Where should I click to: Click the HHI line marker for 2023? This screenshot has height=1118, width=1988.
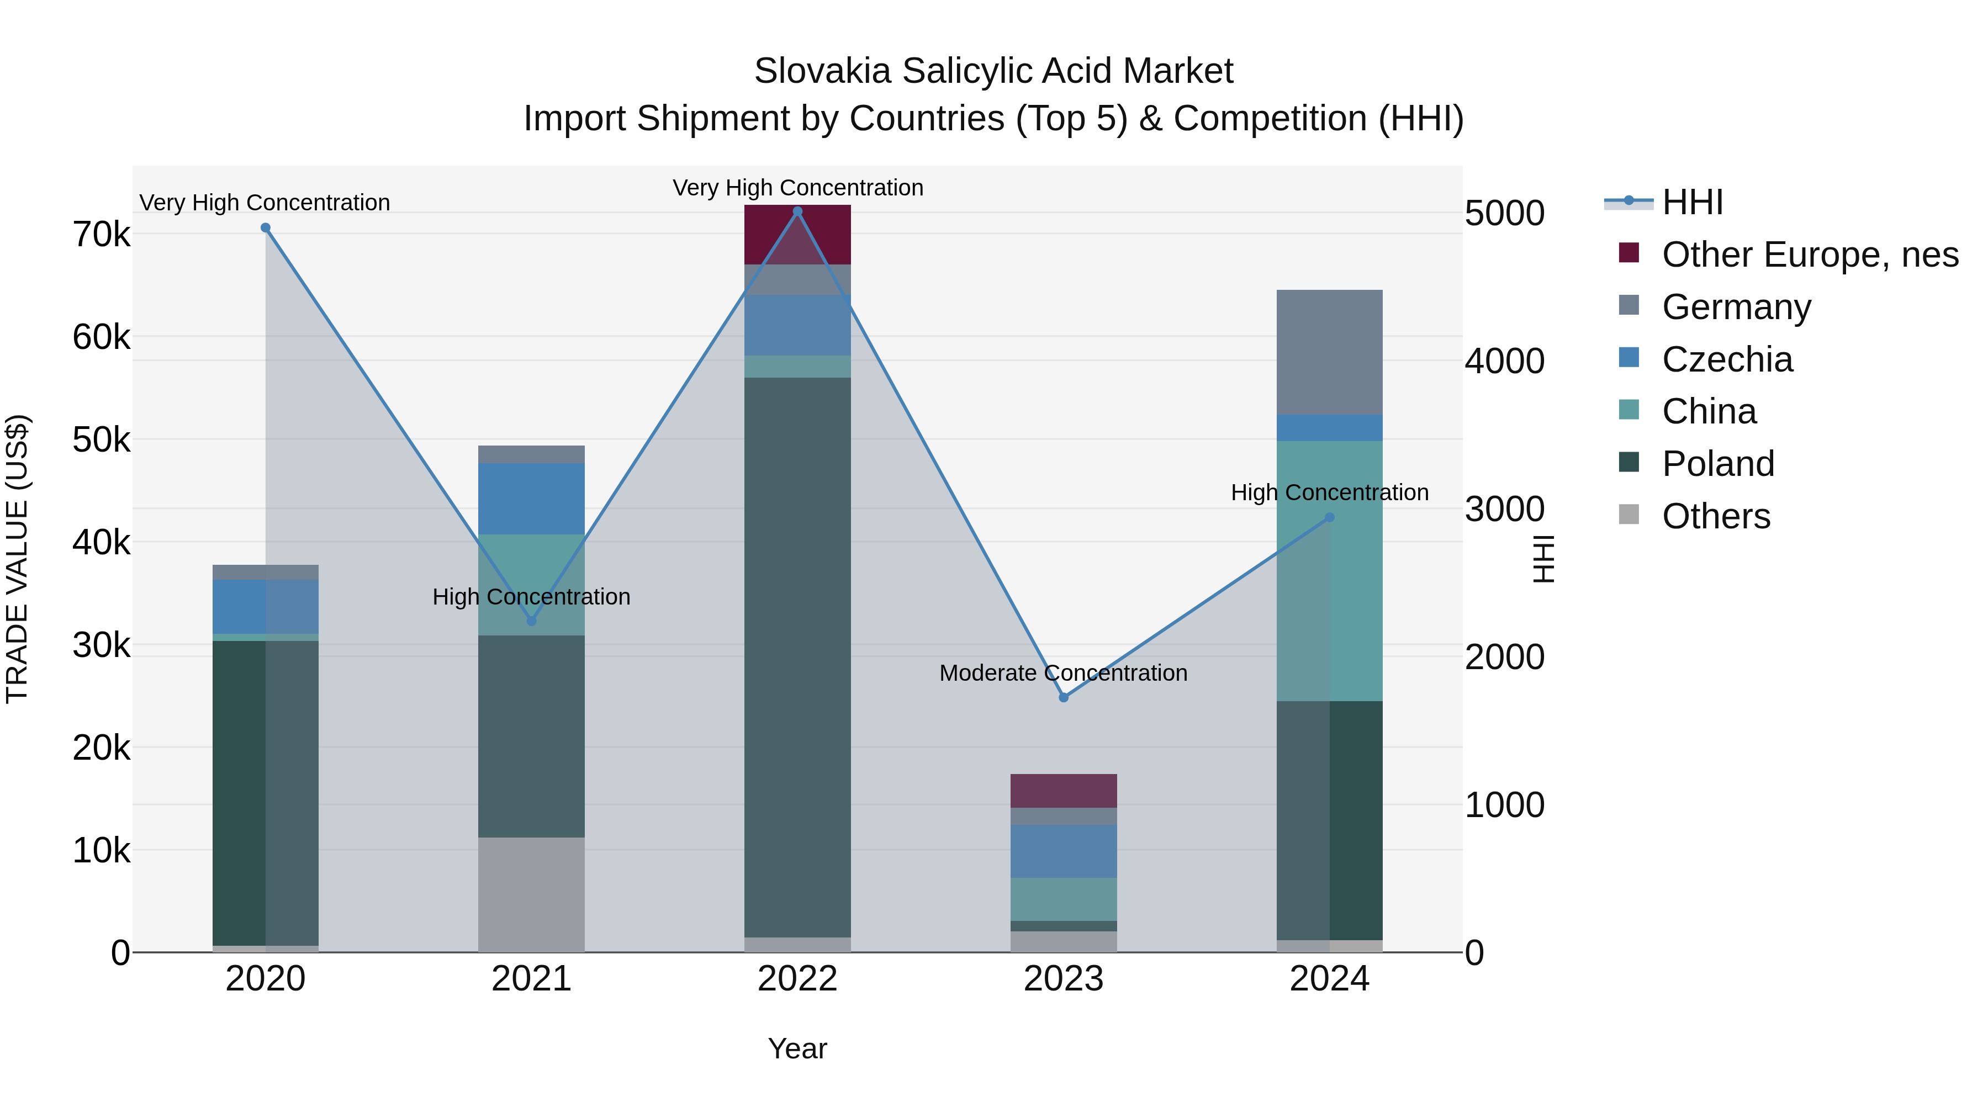(x=1064, y=697)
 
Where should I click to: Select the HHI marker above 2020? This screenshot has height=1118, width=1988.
(x=266, y=227)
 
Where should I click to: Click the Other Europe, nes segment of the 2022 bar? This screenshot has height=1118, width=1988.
(x=797, y=235)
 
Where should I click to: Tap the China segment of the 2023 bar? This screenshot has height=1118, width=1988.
(x=1064, y=899)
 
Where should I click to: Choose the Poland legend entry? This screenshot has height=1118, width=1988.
(x=1718, y=464)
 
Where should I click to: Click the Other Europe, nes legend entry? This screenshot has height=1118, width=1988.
(x=1810, y=255)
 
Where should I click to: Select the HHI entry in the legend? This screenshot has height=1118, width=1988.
(x=1691, y=202)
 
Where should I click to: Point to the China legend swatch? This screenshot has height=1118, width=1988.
(x=1629, y=410)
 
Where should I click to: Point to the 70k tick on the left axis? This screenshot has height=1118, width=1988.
(x=101, y=235)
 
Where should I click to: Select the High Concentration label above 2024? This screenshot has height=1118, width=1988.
(x=1329, y=492)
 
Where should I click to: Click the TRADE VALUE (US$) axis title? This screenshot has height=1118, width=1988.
(x=17, y=559)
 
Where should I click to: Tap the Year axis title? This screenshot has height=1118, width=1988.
(x=797, y=1048)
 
